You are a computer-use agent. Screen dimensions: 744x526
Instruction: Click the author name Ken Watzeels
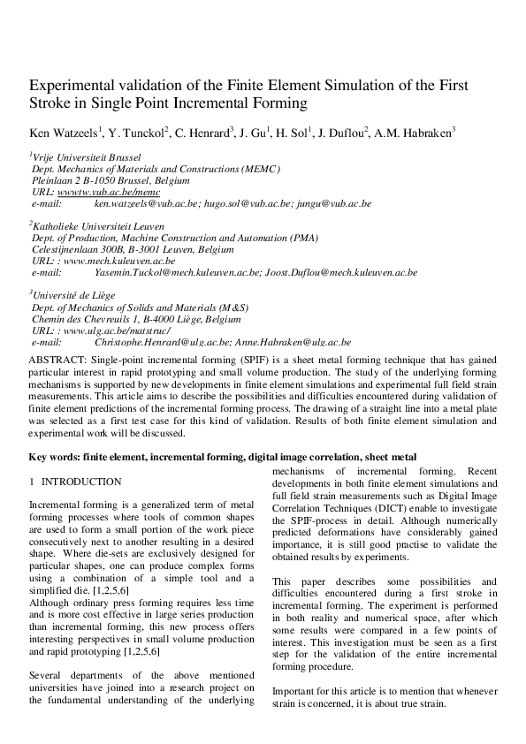coord(64,133)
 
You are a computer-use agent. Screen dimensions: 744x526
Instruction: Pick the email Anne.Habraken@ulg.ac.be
coord(293,342)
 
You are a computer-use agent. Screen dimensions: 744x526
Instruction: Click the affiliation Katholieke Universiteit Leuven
coord(98,227)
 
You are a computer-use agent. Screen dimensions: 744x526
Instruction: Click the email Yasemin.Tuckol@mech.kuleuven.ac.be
coord(177,273)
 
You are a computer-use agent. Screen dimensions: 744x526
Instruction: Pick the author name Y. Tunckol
coord(137,133)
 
